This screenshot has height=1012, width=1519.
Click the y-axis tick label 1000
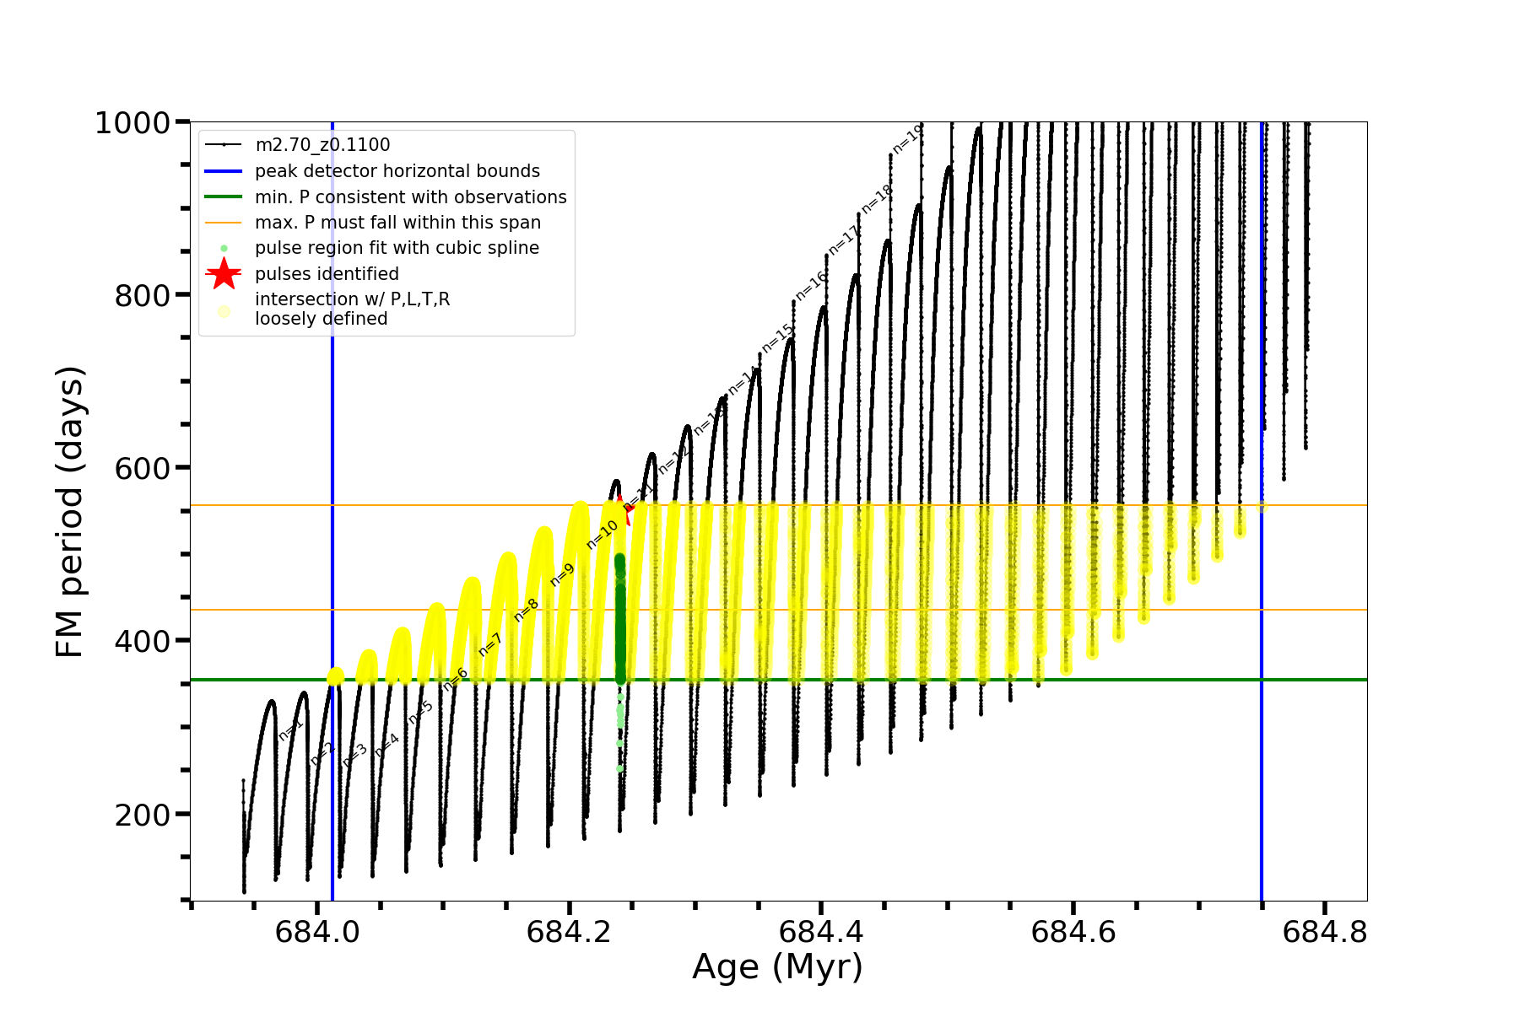[x=132, y=124]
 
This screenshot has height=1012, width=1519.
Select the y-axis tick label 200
[x=142, y=816]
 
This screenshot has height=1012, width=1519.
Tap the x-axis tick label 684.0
[x=317, y=932]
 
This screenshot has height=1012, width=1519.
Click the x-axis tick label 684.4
[x=821, y=932]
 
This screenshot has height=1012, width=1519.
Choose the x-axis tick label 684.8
[x=1324, y=932]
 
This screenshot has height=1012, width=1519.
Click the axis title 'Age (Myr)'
[x=777, y=967]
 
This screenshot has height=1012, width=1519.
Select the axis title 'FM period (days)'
[x=70, y=512]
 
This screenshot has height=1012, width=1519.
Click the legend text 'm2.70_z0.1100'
[x=322, y=145]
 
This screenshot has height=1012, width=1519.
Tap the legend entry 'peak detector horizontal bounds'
[x=397, y=171]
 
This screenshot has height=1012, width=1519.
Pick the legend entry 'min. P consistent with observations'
[x=410, y=196]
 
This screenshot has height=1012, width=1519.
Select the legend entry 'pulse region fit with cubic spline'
[x=397, y=248]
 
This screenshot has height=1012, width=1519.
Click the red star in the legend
[x=224, y=273]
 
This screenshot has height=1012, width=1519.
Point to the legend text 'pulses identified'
[x=327, y=274]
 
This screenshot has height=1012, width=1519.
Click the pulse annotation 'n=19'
[x=908, y=140]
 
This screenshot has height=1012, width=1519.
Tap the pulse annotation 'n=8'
[x=526, y=610]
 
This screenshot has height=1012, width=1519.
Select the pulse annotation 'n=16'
[x=811, y=287]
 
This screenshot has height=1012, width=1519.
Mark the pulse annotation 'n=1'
[x=290, y=730]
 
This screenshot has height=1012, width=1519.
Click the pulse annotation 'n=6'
[x=455, y=679]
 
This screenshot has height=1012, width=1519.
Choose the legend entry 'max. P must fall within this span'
[x=397, y=223]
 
